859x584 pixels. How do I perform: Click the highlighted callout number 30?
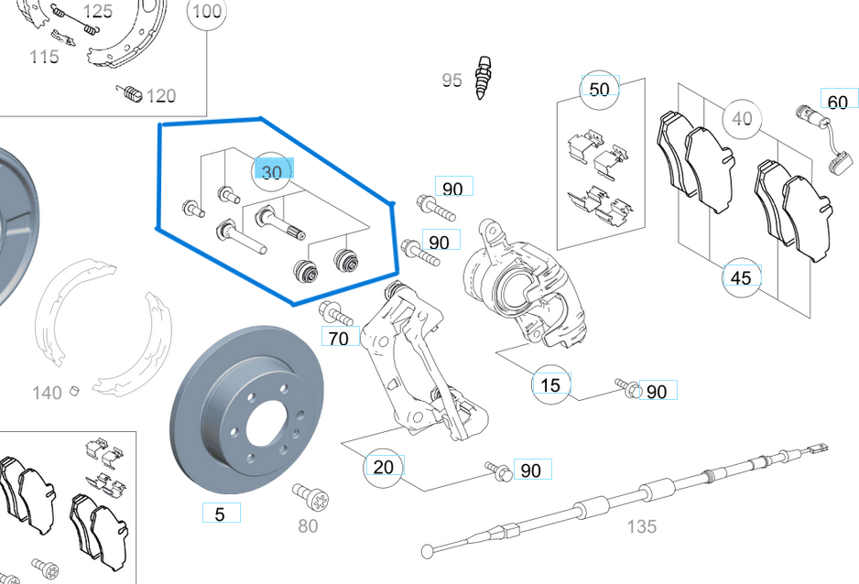point(272,172)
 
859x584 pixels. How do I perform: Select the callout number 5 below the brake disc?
point(220,514)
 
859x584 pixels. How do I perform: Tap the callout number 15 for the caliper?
point(550,384)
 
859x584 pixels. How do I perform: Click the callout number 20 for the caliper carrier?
point(384,467)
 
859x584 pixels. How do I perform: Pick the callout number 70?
point(339,338)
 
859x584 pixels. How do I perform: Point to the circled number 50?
point(599,90)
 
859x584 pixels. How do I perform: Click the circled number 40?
point(742,119)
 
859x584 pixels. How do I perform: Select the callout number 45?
point(742,276)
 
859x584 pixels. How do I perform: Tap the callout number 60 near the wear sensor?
point(837,101)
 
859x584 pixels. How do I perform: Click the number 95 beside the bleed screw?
point(452,81)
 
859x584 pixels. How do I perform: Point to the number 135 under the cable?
point(641,526)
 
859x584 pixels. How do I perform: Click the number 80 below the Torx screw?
point(308,525)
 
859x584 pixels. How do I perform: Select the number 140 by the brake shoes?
point(48,393)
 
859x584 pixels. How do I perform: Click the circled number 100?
point(208,12)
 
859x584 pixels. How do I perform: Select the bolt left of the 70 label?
point(337,314)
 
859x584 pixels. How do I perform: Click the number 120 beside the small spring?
point(160,95)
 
